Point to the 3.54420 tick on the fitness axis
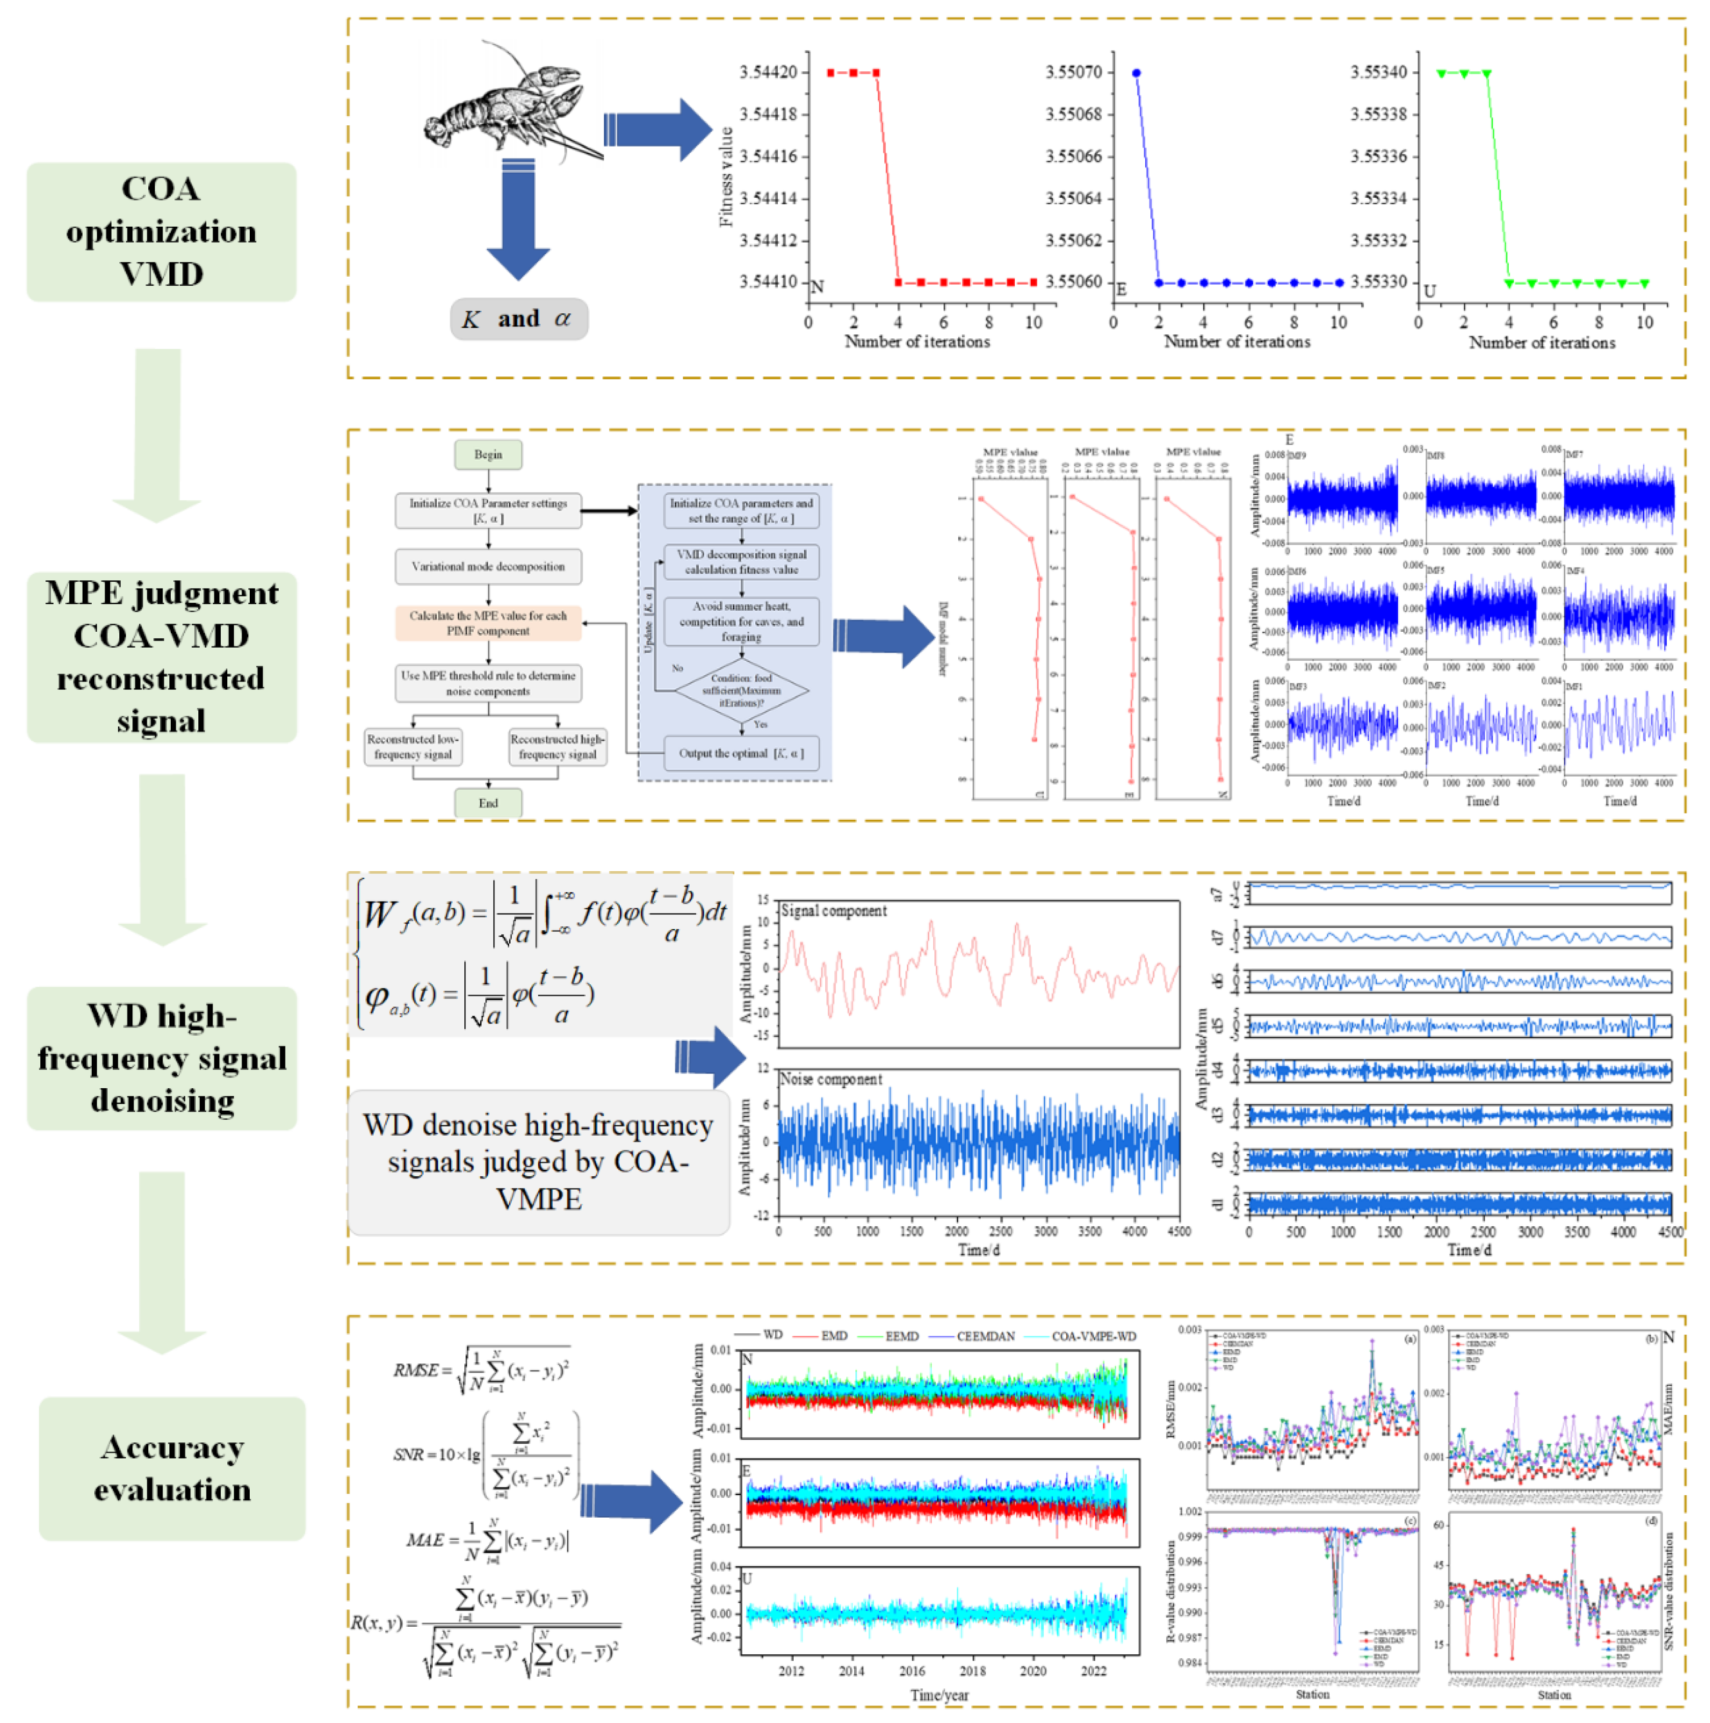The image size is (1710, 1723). tap(768, 72)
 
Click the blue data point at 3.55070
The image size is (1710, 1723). tap(1136, 73)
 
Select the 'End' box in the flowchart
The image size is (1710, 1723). tap(487, 802)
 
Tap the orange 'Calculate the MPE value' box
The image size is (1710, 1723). tap(487, 623)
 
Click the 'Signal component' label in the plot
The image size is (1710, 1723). tap(833, 910)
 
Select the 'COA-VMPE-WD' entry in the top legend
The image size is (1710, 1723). tap(1093, 1336)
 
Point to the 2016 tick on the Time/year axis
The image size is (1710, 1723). tap(912, 1671)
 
